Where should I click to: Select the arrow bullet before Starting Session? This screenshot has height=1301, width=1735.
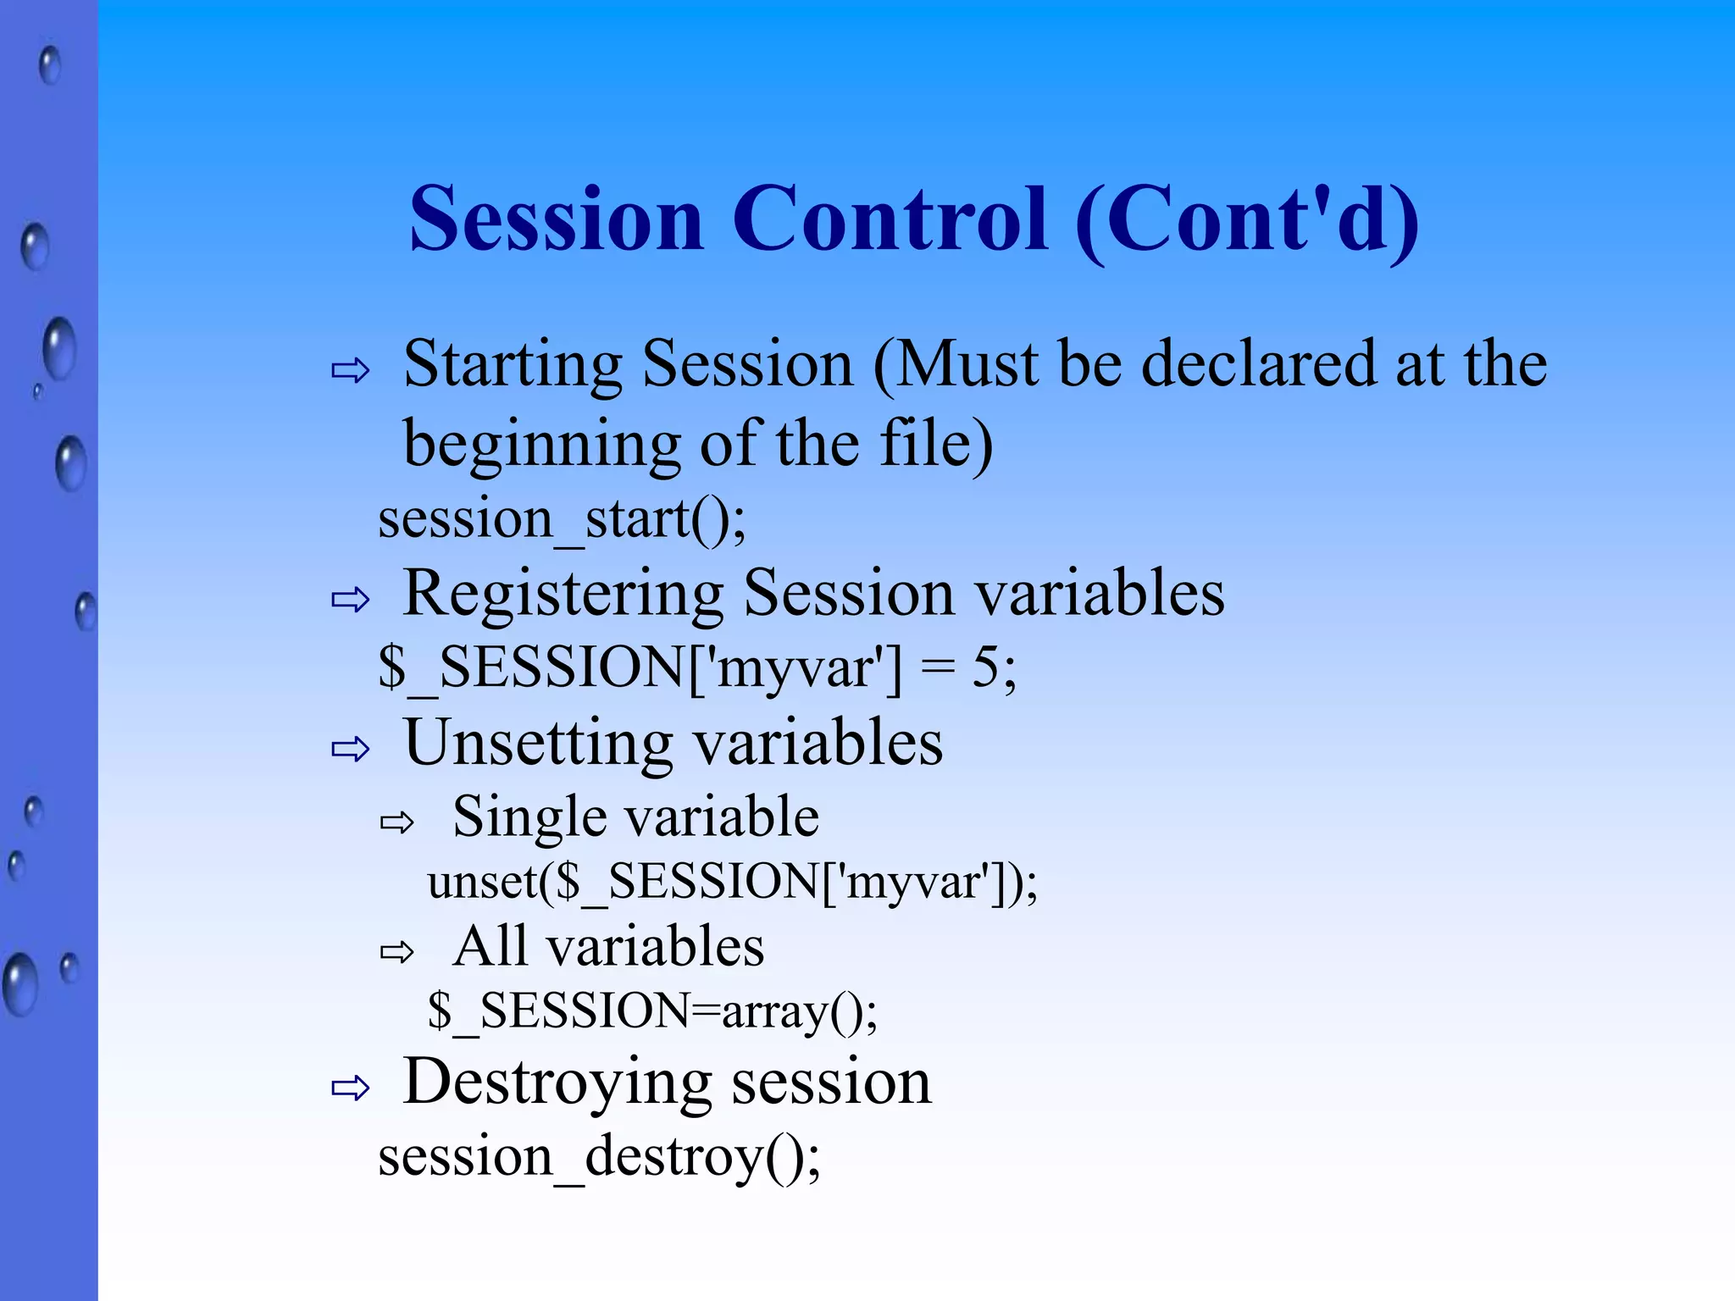[x=351, y=370]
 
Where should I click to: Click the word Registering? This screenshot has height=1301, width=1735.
[x=563, y=594]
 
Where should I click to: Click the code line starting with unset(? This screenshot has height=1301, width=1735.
[x=732, y=883]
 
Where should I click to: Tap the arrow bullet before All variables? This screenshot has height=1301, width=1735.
[x=396, y=952]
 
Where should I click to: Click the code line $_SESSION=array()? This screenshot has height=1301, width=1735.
[x=652, y=1011]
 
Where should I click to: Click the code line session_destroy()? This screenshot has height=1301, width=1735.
[x=599, y=1157]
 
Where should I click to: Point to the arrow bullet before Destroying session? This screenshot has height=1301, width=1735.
[x=351, y=1088]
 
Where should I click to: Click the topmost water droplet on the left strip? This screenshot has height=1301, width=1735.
[x=50, y=65]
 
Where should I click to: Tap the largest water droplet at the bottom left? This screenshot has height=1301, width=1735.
[x=20, y=983]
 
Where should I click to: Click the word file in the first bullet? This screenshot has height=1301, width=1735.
[x=923, y=444]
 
